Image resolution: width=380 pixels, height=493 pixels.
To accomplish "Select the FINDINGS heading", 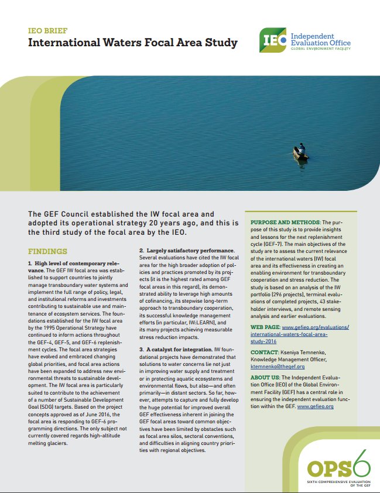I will coord(48,251).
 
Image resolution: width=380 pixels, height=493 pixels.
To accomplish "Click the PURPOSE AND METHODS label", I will coord(283,222).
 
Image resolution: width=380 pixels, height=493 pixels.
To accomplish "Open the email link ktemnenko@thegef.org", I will coord(278,366).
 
